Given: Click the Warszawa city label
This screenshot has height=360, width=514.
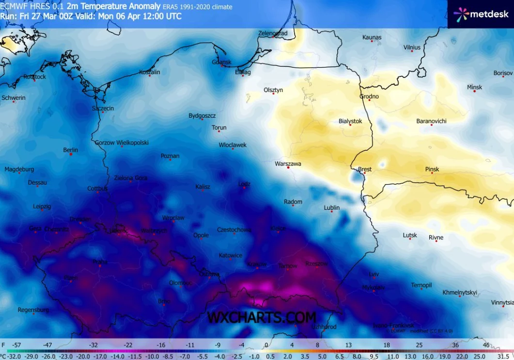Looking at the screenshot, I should click(288, 164).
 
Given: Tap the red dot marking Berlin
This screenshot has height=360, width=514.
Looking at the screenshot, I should click(71, 155).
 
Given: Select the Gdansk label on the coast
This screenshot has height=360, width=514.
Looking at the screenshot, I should click(221, 62).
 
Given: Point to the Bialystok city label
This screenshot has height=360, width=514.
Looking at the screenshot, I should click(350, 121).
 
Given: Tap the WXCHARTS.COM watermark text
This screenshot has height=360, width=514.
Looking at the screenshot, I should click(262, 317).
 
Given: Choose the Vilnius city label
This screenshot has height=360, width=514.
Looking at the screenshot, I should click(412, 47).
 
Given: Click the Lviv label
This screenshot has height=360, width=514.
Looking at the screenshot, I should click(374, 274).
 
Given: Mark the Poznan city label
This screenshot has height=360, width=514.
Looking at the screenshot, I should click(170, 156).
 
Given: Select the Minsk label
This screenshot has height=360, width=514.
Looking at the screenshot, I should click(474, 87).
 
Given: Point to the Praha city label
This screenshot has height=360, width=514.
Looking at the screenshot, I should click(100, 262).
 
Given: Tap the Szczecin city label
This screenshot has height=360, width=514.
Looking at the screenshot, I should click(103, 108).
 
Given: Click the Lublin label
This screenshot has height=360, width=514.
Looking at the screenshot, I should click(331, 208).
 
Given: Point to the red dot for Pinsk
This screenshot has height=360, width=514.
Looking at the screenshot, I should click(432, 173).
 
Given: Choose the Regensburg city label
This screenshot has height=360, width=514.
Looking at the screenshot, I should click(33, 310).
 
